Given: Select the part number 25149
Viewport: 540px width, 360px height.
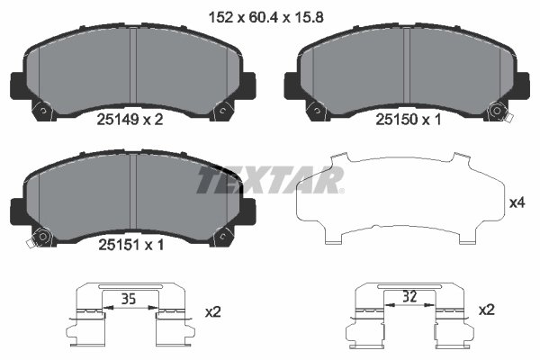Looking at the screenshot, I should coord(113,116).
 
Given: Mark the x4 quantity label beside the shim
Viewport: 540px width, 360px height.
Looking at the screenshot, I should coord(517,203).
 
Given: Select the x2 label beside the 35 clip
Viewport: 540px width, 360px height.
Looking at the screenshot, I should coord(213,311).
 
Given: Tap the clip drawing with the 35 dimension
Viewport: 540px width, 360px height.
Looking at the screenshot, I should coord(131,319).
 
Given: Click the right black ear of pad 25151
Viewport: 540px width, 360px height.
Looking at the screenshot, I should coord(247,212).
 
